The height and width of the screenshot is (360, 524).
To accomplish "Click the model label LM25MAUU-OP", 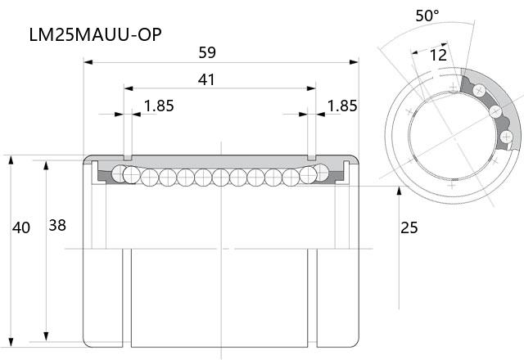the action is (96, 34).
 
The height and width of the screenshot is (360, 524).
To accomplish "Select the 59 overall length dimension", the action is (207, 52).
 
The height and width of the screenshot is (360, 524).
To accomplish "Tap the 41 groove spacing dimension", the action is (206, 79).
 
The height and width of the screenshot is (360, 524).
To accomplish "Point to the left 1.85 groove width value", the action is (159, 106).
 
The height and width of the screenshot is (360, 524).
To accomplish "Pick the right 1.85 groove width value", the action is (342, 106).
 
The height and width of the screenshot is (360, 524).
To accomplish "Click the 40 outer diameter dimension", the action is (21, 227).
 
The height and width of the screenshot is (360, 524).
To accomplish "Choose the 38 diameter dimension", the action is (57, 226).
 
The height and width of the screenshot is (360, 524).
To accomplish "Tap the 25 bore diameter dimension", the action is (409, 227).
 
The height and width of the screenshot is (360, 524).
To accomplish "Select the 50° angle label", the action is (427, 16).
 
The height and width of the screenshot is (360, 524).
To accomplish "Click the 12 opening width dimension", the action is (438, 55).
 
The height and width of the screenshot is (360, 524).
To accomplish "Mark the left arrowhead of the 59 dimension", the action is (88, 62).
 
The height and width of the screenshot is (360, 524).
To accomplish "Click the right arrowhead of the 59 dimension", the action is (354, 62).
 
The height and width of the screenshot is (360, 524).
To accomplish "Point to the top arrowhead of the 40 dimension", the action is (11, 160).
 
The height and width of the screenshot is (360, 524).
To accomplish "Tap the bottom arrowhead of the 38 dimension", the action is (46, 336).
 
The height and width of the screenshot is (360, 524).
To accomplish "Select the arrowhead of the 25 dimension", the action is (399, 191).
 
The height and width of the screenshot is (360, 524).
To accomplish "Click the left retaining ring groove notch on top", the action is (128, 157).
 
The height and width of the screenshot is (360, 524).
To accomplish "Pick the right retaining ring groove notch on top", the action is (311, 157).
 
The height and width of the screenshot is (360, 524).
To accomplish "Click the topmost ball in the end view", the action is (479, 90).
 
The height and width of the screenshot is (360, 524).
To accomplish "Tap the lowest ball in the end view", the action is (506, 137).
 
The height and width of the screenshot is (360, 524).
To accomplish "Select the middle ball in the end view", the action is (495, 111).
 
